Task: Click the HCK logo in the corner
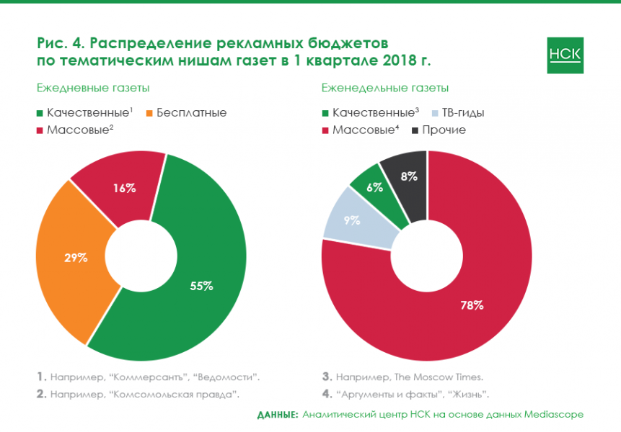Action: [565, 55]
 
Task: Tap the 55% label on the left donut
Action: [201, 286]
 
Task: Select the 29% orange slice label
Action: [76, 257]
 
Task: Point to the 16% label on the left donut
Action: [125, 188]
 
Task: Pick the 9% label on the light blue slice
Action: [352, 221]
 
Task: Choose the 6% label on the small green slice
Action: [374, 186]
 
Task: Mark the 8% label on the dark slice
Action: [409, 175]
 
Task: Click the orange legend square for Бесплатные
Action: [150, 113]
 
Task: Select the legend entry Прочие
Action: [444, 130]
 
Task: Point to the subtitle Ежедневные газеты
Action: [93, 88]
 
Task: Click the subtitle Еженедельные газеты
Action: [385, 88]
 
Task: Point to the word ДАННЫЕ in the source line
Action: [278, 415]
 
